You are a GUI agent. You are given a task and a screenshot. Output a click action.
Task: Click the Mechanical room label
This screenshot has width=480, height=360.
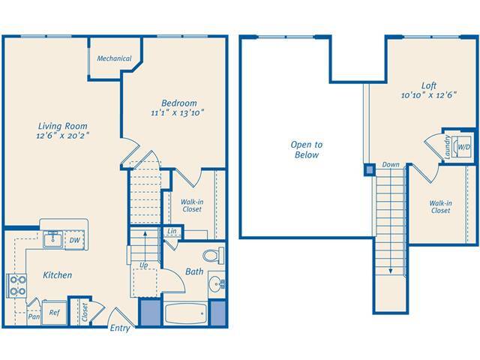114,58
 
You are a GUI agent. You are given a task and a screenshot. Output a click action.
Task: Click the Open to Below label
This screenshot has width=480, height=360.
307,149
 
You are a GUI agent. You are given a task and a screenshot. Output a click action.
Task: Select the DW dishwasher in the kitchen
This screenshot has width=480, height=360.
74,240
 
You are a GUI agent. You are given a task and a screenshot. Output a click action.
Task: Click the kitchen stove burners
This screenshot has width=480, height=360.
16,285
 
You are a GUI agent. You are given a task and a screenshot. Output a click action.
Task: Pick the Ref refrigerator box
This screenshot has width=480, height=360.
54,313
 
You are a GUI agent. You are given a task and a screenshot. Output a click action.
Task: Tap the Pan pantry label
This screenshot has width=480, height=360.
34,316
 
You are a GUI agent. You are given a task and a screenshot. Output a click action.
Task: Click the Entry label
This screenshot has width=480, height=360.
120,328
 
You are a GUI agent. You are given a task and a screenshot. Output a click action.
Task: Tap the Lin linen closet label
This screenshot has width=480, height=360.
172,232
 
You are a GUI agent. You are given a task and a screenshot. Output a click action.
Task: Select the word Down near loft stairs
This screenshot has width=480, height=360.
390,164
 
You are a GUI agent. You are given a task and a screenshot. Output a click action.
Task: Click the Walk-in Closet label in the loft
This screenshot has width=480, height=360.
440,206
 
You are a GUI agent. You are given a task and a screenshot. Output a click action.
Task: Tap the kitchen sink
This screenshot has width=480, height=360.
52,240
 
